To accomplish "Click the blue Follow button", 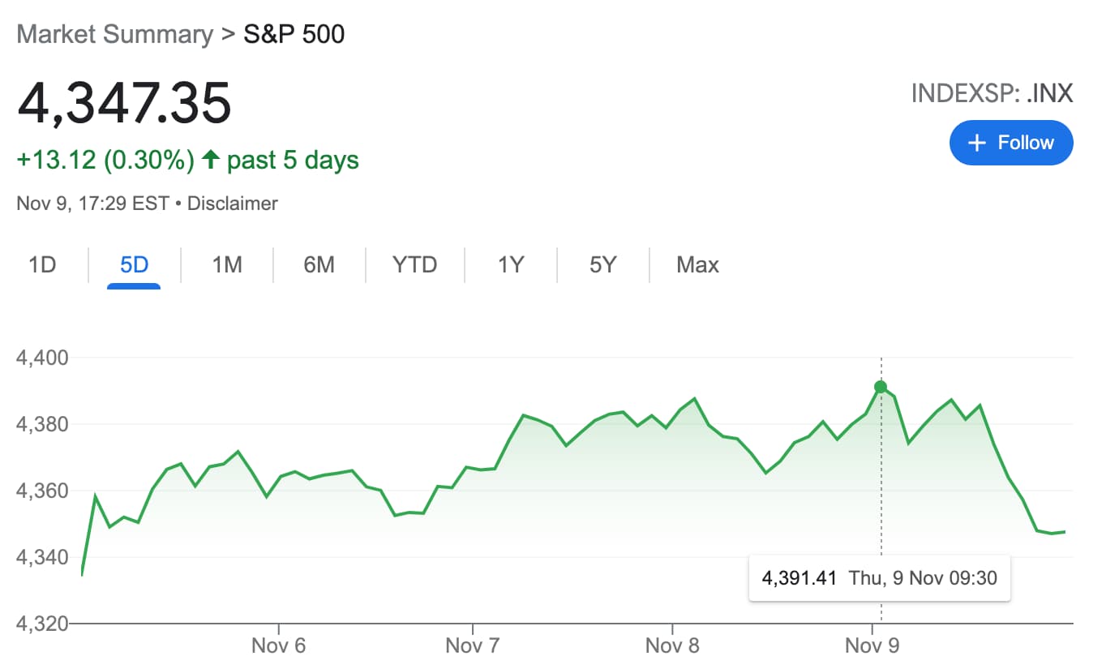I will coord(1010,143).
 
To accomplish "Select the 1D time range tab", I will coord(42,265).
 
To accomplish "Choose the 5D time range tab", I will coord(134,265).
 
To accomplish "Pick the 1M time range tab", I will coord(227,265).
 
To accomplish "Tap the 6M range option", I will coord(319,265).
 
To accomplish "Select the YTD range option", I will coord(414,265).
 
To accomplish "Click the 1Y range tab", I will coord(511,265).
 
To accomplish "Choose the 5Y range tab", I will coord(602,265).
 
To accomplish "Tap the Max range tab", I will coord(697,265).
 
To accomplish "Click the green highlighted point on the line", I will coord(881,387).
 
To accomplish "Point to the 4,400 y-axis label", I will coord(42,358).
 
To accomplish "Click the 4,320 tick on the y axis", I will coord(42,624).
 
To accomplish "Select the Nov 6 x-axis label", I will coord(278,645).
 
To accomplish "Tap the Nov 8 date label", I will coord(672,645).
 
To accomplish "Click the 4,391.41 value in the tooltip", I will coord(799,578).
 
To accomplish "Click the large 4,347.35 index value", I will coord(124,104).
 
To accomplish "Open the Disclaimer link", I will coord(233,204).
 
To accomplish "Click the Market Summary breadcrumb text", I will coord(114,35).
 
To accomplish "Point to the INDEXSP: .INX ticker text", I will coord(992,94).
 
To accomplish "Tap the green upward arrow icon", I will coord(211,160).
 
